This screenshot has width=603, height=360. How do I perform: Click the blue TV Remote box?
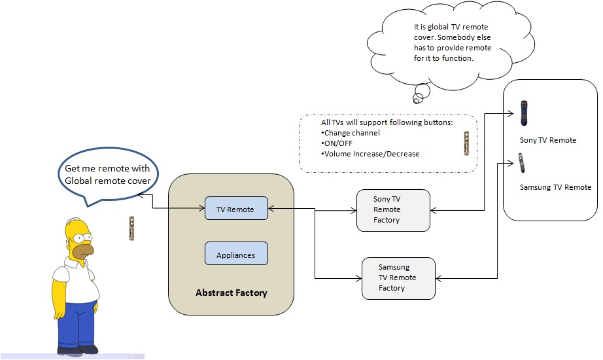tap(235, 209)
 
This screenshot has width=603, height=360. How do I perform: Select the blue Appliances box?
tap(235, 255)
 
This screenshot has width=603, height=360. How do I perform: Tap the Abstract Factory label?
tap(232, 293)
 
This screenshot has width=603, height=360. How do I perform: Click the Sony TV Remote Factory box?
tap(393, 210)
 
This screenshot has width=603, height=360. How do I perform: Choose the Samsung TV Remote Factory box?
tap(399, 278)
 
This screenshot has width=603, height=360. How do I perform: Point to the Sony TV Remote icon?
tap(524, 113)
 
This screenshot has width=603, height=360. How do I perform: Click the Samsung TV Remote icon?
tap(522, 164)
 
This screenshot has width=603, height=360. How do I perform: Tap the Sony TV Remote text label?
tap(548, 140)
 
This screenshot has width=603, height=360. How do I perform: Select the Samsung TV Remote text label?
tap(555, 187)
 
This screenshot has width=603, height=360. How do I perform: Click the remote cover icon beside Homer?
tap(131, 228)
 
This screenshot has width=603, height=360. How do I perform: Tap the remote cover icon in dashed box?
tap(466, 143)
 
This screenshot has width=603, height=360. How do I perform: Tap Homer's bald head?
tap(78, 226)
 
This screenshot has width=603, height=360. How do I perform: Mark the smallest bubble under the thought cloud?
tap(416, 99)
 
